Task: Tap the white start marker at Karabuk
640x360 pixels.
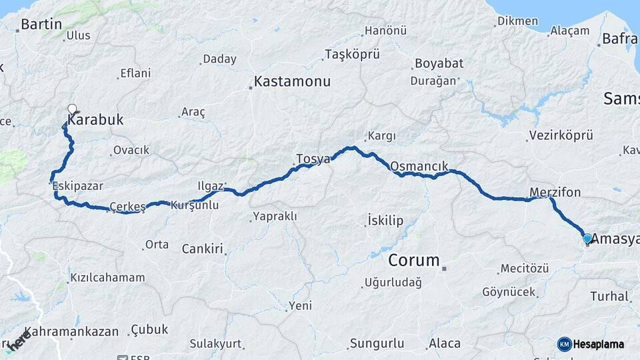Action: (x=72, y=109)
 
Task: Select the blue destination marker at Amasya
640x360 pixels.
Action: (x=587, y=238)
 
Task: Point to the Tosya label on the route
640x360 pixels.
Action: (x=313, y=159)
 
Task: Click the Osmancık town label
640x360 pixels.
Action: (x=419, y=166)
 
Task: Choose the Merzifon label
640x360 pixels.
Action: (x=555, y=193)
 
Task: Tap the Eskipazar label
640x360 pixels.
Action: (x=79, y=186)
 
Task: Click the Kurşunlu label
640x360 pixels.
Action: (x=195, y=205)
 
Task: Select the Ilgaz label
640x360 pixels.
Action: (x=211, y=185)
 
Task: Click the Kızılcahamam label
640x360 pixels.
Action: (x=107, y=277)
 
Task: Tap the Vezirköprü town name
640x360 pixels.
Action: (x=561, y=135)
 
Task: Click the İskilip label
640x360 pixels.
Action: (x=385, y=221)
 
